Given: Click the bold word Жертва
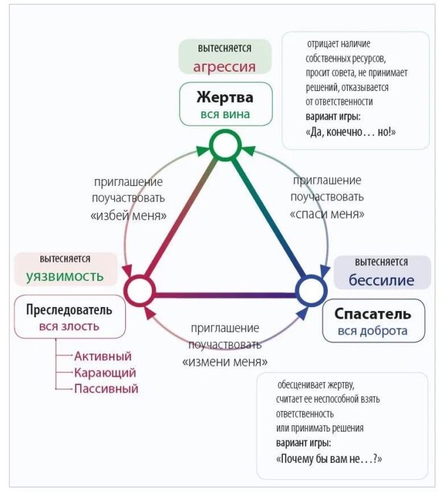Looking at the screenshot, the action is [x=225, y=97].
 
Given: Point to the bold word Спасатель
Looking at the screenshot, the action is [x=372, y=314].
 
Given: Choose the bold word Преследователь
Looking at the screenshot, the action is [x=69, y=310].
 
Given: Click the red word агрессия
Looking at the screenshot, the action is [x=225, y=67].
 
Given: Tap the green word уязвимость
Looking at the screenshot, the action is [x=65, y=277].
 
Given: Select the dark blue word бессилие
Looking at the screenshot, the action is [x=381, y=280].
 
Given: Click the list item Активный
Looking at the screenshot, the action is [x=103, y=356].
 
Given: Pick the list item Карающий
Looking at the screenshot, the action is [x=105, y=373].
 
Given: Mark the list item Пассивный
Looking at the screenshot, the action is [x=106, y=389].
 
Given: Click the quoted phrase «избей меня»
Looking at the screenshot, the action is [x=129, y=215].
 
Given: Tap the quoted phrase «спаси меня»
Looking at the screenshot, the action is [x=327, y=214].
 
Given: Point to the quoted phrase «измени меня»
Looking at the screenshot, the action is [x=225, y=362].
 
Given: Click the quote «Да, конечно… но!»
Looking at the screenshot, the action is [x=351, y=132].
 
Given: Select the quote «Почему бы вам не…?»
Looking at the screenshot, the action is [x=329, y=459].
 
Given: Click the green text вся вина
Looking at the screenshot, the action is [x=225, y=114].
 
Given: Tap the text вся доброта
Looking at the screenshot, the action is [x=372, y=331].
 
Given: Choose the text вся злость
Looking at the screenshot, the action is [x=69, y=326].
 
